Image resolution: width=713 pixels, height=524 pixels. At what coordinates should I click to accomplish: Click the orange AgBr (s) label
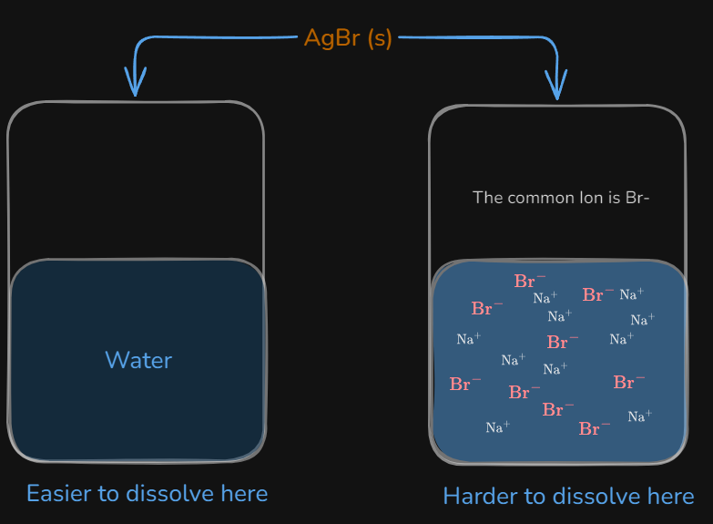pyautogui.click(x=348, y=38)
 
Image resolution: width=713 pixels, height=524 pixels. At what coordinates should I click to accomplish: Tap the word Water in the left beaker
pyautogui.click(x=138, y=360)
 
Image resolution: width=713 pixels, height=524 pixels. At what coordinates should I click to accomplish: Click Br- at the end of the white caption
pyautogui.click(x=637, y=198)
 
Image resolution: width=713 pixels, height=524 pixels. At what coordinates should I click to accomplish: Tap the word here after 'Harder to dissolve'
pyautogui.click(x=671, y=497)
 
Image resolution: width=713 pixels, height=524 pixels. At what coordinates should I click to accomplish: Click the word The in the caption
pyautogui.click(x=487, y=198)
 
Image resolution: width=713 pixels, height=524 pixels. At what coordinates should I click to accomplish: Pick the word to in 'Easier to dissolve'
pyautogui.click(x=108, y=494)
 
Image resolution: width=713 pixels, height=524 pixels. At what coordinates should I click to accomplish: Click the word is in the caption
pyautogui.click(x=615, y=198)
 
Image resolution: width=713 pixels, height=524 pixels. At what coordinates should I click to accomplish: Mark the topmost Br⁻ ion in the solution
pyautogui.click(x=530, y=281)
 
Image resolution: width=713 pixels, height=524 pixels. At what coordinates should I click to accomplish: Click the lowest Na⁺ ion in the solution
pyautogui.click(x=498, y=427)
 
